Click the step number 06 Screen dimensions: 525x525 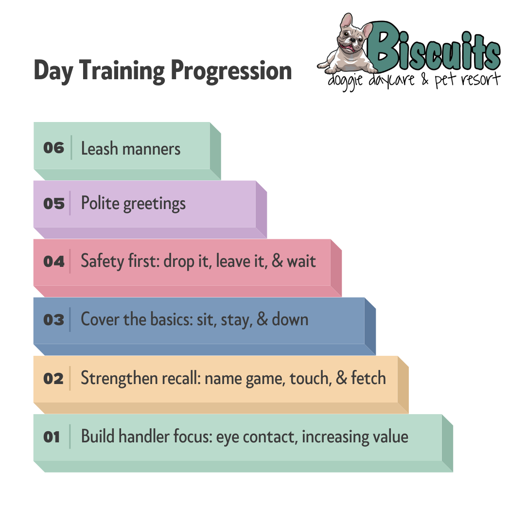[53, 148]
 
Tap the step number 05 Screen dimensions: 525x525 [53, 204]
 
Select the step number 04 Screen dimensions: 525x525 [53, 262]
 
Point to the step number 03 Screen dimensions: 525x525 [53, 320]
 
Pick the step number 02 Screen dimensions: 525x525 [53, 379]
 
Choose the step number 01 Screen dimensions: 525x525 [52, 437]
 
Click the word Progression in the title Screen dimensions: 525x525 [231, 71]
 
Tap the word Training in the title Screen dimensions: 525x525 [122, 71]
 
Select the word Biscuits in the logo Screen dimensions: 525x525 [435, 49]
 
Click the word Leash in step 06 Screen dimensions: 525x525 [100, 148]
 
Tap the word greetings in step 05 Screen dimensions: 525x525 [155, 204]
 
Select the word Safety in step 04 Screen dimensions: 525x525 [102, 262]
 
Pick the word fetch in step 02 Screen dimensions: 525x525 [368, 378]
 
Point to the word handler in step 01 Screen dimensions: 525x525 [143, 436]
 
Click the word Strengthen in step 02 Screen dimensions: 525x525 [119, 378]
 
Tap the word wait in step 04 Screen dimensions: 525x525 [301, 261]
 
